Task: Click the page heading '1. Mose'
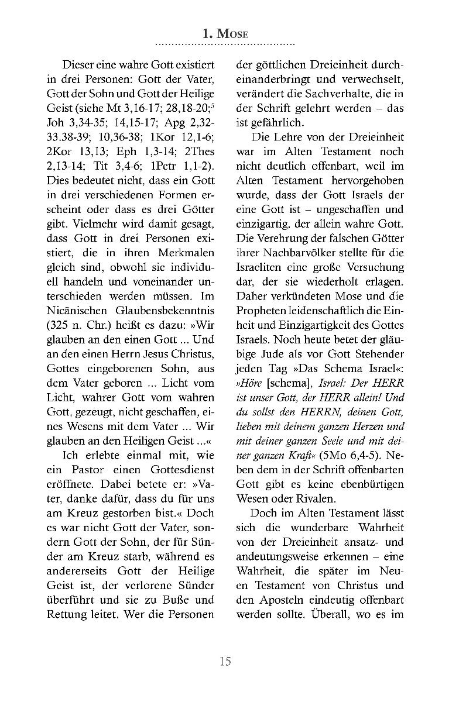point(225,35)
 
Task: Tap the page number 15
point(225,662)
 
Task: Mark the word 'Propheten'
point(261,311)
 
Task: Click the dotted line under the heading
point(225,44)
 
